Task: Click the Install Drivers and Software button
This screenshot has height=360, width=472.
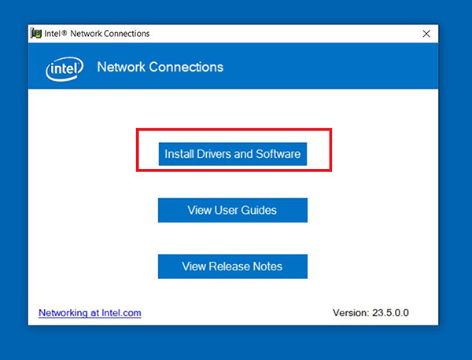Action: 233,154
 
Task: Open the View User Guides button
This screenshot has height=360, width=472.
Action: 233,210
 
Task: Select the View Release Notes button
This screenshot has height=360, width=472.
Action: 233,266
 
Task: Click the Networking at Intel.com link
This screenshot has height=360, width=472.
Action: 90,313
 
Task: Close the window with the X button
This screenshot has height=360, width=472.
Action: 426,34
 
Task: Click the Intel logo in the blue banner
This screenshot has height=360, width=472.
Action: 65,68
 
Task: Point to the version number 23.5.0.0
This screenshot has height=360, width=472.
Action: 390,313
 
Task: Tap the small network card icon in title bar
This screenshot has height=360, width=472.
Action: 36,33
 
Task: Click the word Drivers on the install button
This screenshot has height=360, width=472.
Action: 214,154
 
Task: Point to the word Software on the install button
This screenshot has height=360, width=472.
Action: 278,154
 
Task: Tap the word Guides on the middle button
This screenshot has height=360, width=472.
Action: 259,210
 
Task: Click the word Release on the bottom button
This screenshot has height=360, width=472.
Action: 229,266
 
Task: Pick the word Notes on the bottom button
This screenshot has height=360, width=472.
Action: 267,266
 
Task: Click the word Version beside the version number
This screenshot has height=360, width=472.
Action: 351,313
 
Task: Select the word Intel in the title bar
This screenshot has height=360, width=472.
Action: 52,34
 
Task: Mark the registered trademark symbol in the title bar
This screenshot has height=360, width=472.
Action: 65,32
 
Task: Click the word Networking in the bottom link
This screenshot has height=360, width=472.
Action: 63,313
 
